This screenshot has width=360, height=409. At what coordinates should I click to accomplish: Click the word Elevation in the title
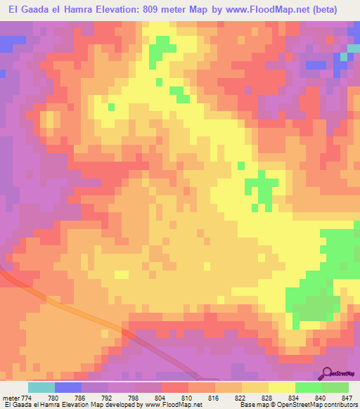(115, 10)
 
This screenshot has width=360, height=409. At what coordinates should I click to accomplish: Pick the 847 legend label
(344, 398)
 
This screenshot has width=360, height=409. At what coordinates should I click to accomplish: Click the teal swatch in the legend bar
(41, 387)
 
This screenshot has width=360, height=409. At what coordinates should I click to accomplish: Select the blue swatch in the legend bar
(68, 387)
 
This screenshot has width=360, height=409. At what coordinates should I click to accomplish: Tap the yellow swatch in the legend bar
(282, 387)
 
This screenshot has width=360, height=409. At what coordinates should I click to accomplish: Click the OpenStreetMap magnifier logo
(326, 372)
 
